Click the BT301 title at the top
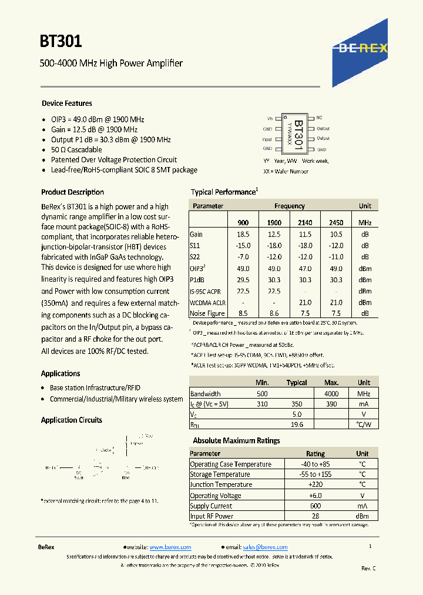click(x=61, y=41)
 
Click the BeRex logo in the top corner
click(x=363, y=48)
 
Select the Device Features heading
click(x=66, y=103)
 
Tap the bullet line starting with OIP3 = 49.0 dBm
click(x=97, y=119)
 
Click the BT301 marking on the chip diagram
click(x=298, y=133)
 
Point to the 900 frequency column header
click(x=243, y=223)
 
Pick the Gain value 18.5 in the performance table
click(x=243, y=234)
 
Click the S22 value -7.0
click(x=243, y=257)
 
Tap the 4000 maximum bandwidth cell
click(x=331, y=394)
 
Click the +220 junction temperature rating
click(x=315, y=485)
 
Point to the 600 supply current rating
click(x=315, y=506)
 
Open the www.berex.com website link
click(x=170, y=547)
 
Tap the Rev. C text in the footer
click(x=368, y=568)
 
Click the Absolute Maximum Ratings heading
click(x=236, y=441)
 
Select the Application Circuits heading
click(x=71, y=420)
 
